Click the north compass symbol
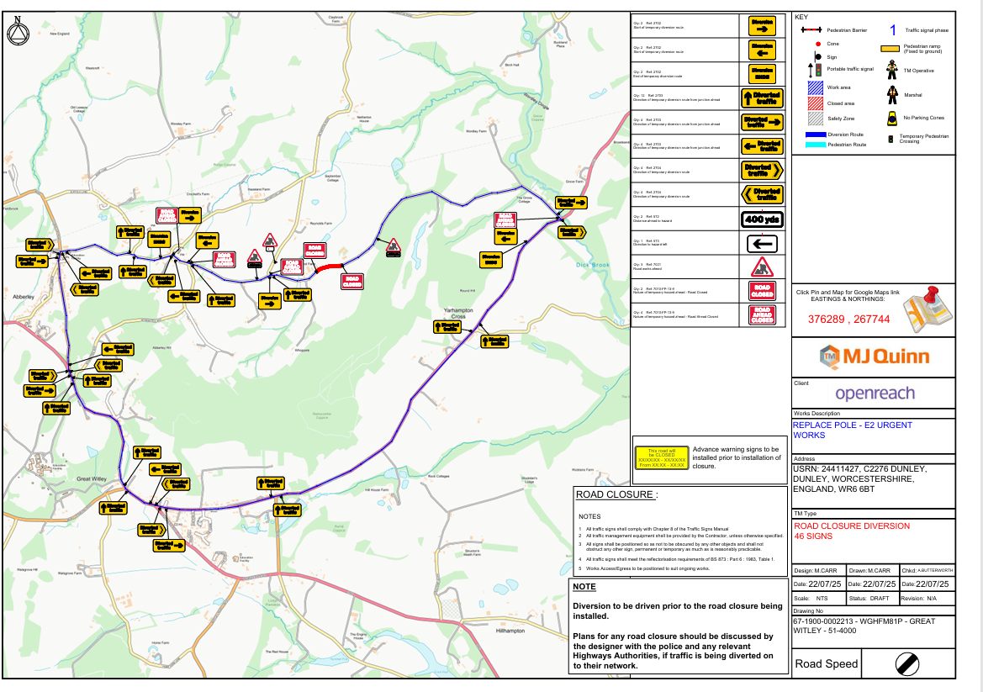coord(17,33)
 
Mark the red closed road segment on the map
coord(329,267)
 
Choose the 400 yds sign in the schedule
coord(761,219)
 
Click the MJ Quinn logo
coord(874,357)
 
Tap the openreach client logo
coord(875,394)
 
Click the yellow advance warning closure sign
coord(661,458)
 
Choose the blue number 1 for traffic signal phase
coord(892,30)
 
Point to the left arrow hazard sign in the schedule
coord(761,244)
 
